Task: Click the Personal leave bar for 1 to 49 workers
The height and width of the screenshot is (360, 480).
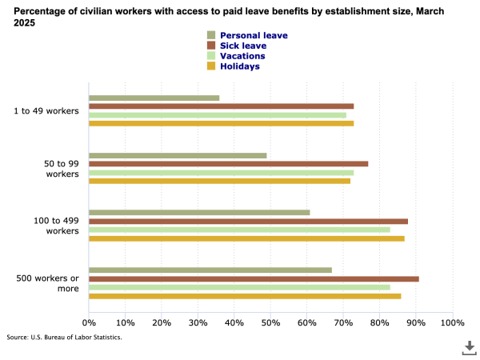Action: [x=154, y=98]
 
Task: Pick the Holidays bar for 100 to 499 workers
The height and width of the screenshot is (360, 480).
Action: [x=246, y=238]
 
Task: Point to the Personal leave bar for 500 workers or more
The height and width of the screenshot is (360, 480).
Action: [x=210, y=270]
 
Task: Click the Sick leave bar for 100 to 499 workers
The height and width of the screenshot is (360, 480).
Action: [x=248, y=221]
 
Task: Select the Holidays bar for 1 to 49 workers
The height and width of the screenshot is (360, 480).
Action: [x=221, y=123]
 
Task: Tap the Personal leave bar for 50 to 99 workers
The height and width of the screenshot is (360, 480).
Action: [x=178, y=155]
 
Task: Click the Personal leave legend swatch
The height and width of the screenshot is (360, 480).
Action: [x=211, y=36]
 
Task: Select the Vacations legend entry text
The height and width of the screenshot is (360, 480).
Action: [x=242, y=56]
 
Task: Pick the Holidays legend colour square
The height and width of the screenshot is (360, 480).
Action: [x=211, y=66]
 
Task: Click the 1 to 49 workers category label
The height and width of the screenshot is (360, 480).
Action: [x=46, y=110]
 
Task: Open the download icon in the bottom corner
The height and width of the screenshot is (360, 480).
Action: [x=469, y=346]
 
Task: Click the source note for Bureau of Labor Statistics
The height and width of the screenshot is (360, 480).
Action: [x=65, y=338]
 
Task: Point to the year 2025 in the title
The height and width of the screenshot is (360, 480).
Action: [x=28, y=23]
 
